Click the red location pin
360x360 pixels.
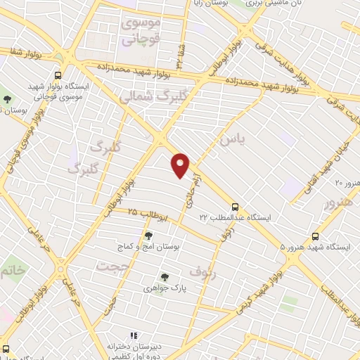coord(181,164)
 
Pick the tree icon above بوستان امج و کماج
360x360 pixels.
coord(148,236)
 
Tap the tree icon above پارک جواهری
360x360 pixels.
coord(164,276)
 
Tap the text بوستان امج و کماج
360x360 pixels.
coord(148,247)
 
